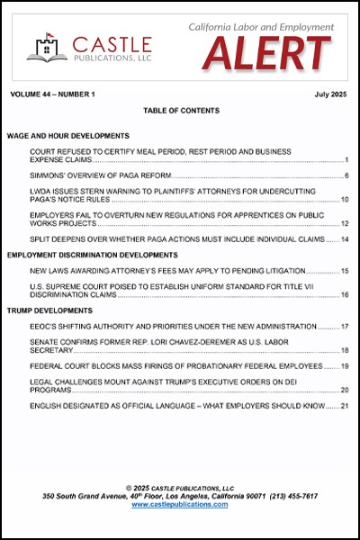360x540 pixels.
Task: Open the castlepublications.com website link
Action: point(180,505)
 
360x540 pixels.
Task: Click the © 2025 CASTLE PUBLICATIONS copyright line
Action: point(180,487)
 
